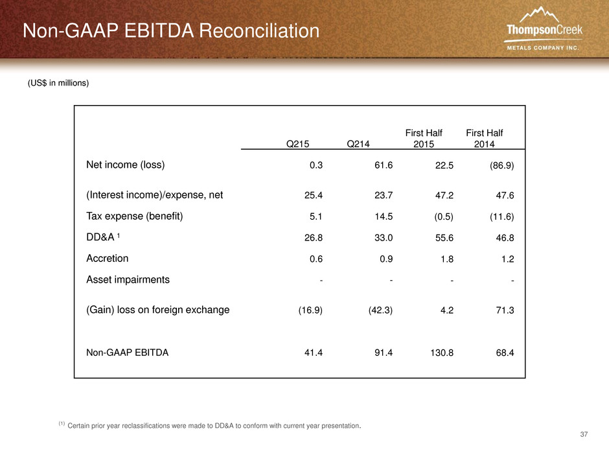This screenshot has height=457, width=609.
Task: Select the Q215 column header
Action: [x=297, y=144]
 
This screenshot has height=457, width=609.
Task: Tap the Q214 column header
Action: [x=358, y=144]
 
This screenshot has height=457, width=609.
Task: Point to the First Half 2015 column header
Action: [x=424, y=138]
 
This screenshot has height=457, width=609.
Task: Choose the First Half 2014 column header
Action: [x=485, y=138]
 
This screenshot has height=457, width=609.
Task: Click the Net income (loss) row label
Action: [x=126, y=165]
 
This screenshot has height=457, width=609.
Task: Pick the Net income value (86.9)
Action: [x=502, y=165]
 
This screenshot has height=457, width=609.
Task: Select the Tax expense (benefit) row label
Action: [x=134, y=216]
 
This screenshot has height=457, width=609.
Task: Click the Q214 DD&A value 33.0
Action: [x=384, y=237]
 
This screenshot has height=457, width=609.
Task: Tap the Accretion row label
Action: [x=107, y=259]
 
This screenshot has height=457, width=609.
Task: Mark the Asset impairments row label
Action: [x=128, y=280]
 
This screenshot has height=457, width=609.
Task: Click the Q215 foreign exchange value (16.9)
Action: [x=310, y=310]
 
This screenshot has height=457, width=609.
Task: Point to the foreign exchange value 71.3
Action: [x=505, y=310]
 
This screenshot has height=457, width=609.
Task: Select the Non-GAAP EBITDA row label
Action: [x=128, y=353]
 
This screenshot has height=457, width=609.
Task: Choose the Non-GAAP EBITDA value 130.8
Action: [x=442, y=353]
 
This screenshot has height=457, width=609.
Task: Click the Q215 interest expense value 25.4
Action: [x=314, y=195]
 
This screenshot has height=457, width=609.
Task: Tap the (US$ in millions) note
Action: [x=58, y=83]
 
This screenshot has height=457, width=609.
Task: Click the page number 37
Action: [x=584, y=434]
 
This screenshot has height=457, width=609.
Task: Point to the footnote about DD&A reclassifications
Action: [x=210, y=425]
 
